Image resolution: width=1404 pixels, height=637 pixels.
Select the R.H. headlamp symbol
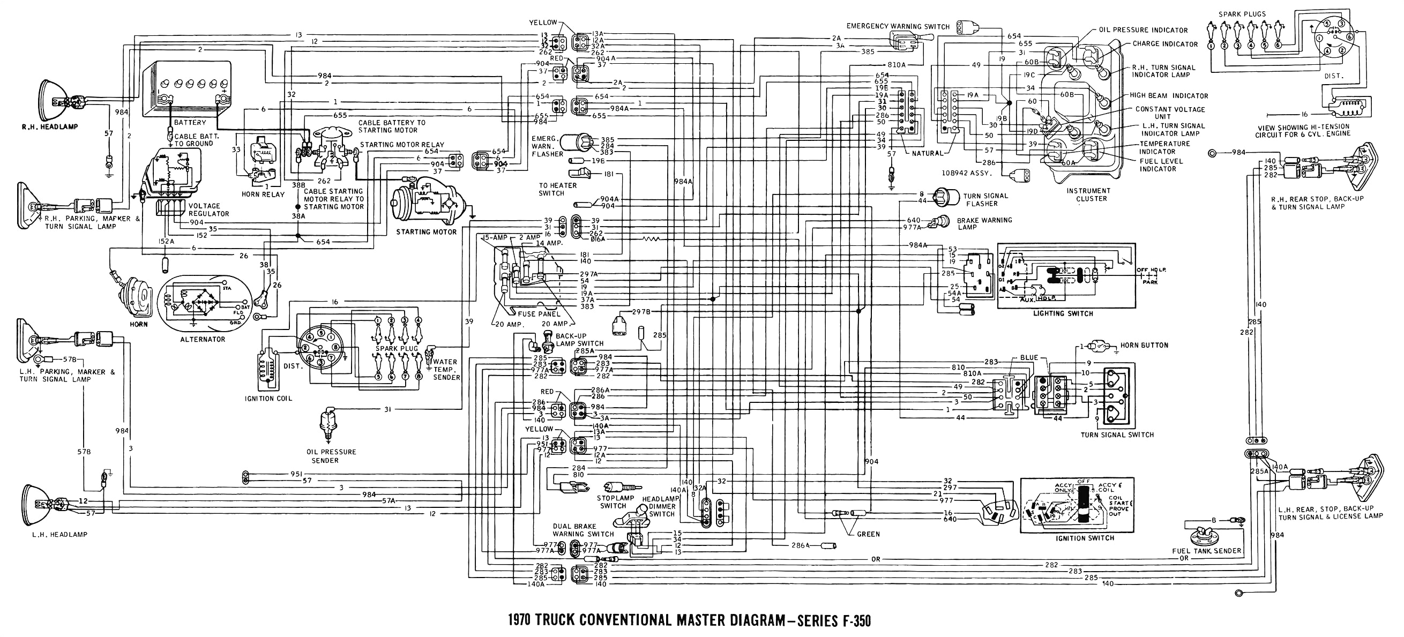[55, 100]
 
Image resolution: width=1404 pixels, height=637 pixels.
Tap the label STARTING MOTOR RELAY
[402, 145]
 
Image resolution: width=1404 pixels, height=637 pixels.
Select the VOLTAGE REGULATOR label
[209, 210]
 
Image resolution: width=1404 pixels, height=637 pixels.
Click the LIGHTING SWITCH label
[1063, 313]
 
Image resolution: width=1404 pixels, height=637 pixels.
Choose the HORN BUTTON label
[1144, 345]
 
